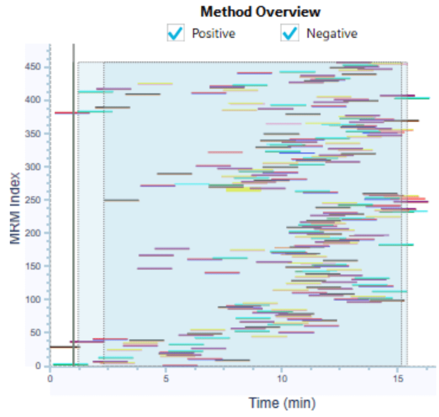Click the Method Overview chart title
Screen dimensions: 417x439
[x=260, y=12]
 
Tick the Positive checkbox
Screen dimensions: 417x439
[x=175, y=33]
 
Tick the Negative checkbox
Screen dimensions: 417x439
[x=290, y=33]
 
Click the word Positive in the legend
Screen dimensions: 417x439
[x=213, y=33]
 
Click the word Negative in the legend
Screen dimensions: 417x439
[x=332, y=33]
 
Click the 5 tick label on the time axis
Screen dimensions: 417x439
[x=166, y=378]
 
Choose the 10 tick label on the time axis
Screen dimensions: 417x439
[x=282, y=378]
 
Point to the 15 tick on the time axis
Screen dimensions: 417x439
[x=398, y=378]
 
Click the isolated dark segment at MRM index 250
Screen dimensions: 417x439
[x=121, y=200]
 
